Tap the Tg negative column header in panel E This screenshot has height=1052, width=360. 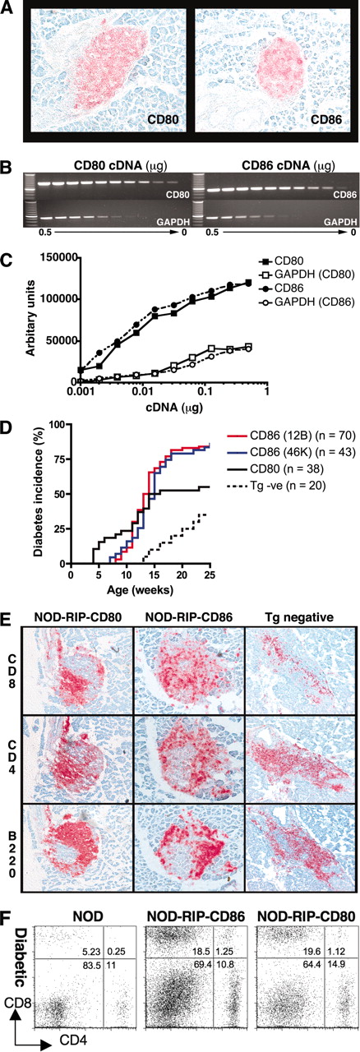302,610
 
